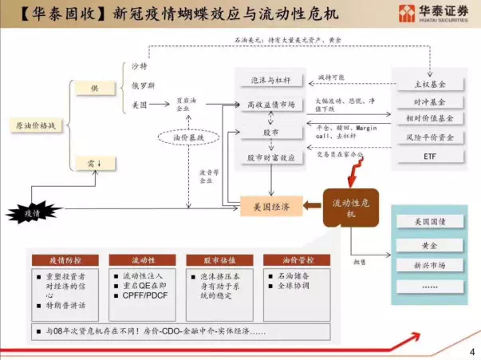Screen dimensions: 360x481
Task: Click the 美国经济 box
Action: [x=271, y=207]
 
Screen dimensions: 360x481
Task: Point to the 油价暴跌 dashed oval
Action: [x=189, y=137]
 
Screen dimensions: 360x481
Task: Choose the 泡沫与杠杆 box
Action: [x=271, y=80]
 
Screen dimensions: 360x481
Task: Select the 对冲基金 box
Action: [x=431, y=102]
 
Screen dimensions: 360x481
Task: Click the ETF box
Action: [x=431, y=156]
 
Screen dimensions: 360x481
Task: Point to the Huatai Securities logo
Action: [x=432, y=13]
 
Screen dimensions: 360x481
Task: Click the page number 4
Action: [x=471, y=350]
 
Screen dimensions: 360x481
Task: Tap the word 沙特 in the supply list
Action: [x=140, y=65]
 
